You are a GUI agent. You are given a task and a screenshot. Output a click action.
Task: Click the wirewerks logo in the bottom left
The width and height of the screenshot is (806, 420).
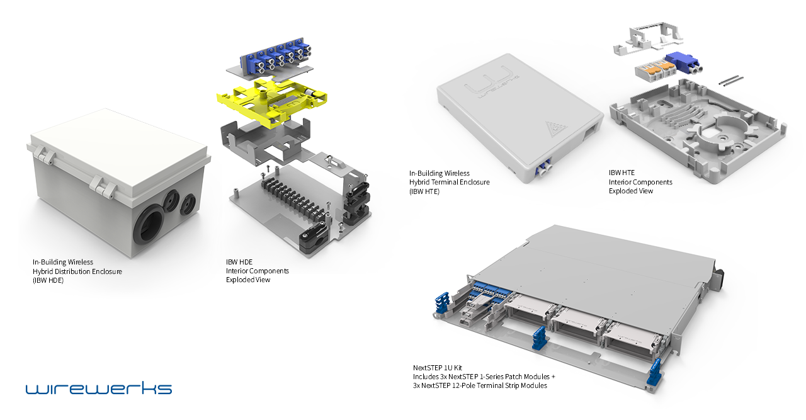[x=98, y=387]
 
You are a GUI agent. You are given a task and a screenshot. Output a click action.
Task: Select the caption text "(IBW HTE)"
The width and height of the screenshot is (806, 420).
[x=424, y=191]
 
